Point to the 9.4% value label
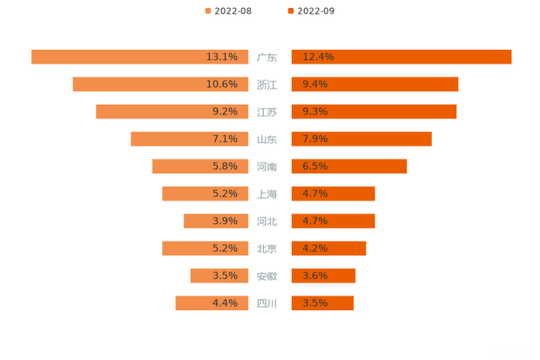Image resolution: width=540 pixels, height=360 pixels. click(x=314, y=85)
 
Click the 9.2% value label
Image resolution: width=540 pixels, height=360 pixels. click(x=225, y=112)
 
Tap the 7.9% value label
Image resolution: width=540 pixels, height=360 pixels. click(x=314, y=139)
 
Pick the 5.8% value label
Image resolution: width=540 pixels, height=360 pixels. click(x=225, y=166)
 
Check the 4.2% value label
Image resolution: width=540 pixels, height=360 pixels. click(x=314, y=248)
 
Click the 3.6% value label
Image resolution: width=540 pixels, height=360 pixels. click(x=314, y=276)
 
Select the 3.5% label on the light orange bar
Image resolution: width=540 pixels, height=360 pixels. click(x=225, y=276)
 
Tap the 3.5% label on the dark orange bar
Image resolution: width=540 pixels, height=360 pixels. click(x=314, y=303)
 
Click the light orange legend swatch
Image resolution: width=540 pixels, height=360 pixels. click(x=207, y=10)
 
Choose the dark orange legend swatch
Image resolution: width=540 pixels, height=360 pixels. click(x=289, y=10)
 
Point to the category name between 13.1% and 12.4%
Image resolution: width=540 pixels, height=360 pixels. click(x=267, y=58)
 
